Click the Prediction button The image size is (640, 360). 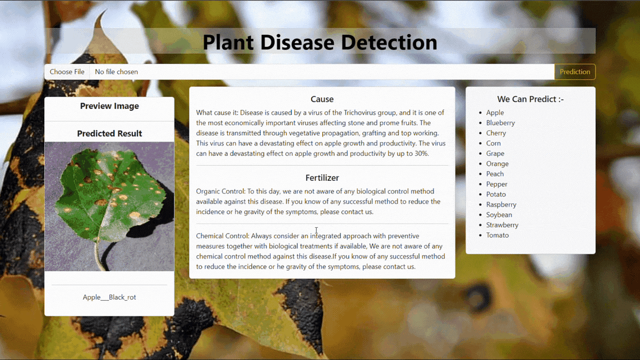(x=575, y=72)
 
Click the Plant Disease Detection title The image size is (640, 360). (x=320, y=42)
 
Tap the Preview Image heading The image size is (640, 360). (x=109, y=106)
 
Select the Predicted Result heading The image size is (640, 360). (x=109, y=133)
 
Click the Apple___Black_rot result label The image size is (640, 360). (x=109, y=297)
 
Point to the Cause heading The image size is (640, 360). (x=322, y=99)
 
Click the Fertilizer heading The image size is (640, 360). (x=322, y=178)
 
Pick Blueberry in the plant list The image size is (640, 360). (x=500, y=123)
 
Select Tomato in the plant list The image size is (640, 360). (x=497, y=235)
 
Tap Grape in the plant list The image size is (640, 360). (x=495, y=154)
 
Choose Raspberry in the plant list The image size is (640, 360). (x=501, y=205)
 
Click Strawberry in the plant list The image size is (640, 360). (x=502, y=225)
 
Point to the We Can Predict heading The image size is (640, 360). (x=530, y=99)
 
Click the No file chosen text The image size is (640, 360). (x=116, y=72)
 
